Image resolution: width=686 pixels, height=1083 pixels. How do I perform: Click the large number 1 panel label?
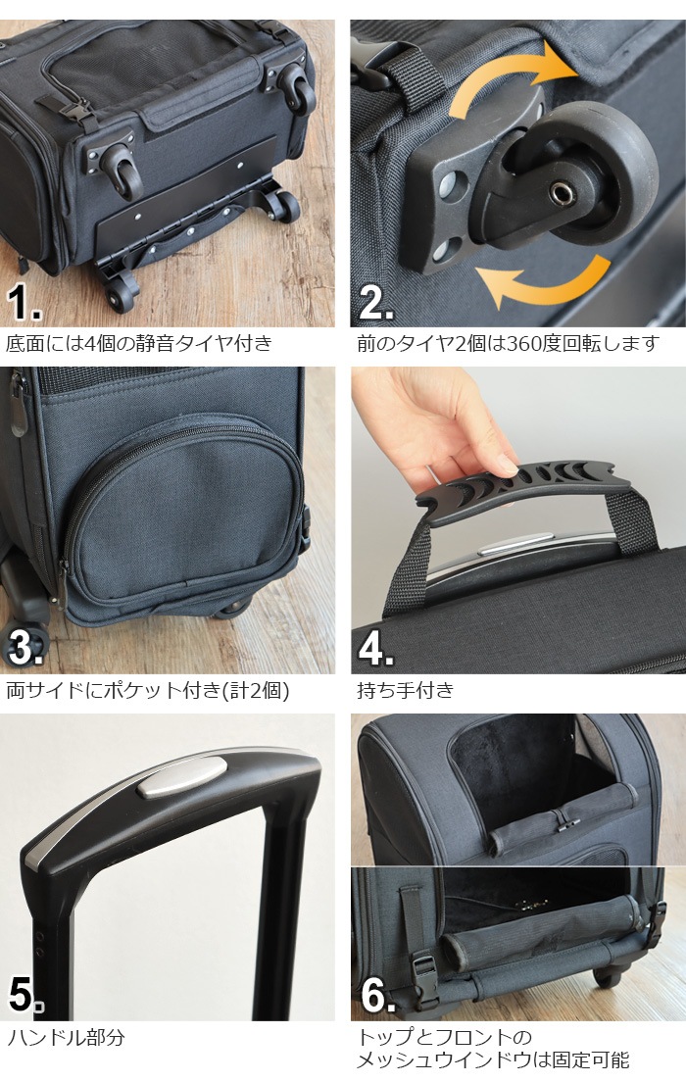click(x=24, y=303)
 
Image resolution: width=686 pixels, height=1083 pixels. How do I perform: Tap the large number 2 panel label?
click(x=376, y=303)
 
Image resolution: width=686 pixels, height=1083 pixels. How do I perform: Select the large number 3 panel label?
click(x=24, y=648)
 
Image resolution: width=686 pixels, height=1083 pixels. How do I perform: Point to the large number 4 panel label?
click(x=376, y=649)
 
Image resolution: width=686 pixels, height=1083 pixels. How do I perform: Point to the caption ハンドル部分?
click(x=67, y=1037)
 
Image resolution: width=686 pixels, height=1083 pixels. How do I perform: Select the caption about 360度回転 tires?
click(x=508, y=343)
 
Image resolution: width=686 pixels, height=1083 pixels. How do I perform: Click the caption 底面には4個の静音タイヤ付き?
click(x=139, y=343)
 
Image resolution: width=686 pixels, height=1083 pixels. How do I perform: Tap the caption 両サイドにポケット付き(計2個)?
click(x=148, y=689)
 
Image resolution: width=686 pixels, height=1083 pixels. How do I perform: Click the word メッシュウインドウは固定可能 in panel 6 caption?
click(x=493, y=1059)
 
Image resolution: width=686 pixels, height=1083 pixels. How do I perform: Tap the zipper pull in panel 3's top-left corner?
click(x=17, y=408)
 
